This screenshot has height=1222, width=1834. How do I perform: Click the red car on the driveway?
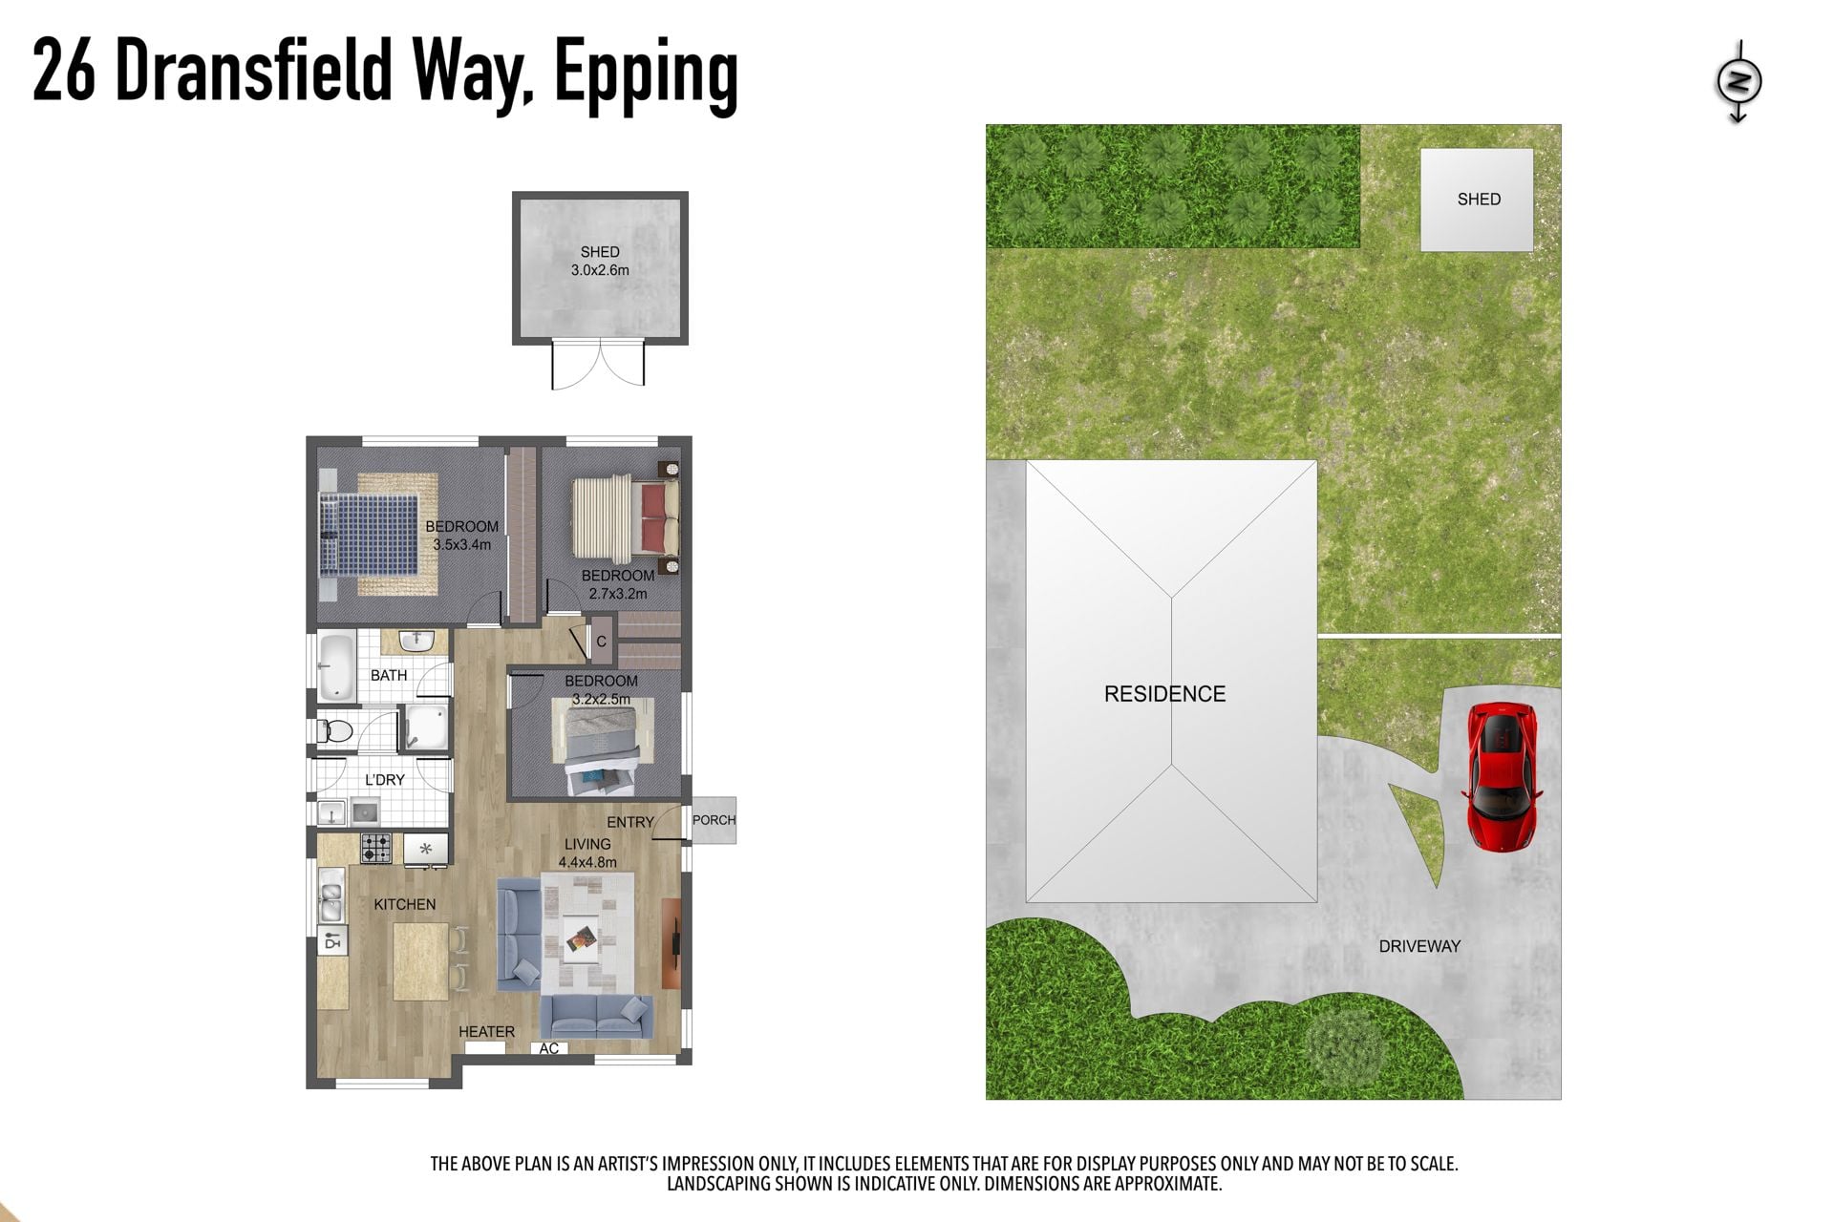coord(1502,776)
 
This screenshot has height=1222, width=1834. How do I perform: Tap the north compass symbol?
coord(1738,81)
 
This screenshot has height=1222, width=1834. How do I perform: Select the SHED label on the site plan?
coord(1479,200)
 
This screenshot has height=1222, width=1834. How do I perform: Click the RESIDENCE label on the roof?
coord(1164,694)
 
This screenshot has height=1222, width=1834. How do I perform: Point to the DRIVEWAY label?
coord(1419,946)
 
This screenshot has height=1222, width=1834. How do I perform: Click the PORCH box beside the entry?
coord(714,820)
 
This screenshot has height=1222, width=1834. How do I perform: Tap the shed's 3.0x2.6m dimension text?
coord(600,270)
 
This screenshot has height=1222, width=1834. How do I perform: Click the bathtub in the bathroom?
coord(336,665)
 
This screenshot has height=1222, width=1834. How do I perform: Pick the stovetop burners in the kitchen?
coord(376,848)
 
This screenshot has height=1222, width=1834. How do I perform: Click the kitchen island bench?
coord(420,960)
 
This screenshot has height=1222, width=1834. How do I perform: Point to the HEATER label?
coord(486,1032)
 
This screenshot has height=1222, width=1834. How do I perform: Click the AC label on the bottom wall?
coord(549,1048)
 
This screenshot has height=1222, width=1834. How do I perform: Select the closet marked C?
coord(602,642)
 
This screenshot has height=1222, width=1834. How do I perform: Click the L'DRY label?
coord(385,780)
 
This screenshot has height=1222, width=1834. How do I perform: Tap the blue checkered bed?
coord(371,534)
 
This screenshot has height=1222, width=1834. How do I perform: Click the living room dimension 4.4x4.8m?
coord(587,862)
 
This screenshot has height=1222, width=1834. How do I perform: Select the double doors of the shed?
coord(599,366)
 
